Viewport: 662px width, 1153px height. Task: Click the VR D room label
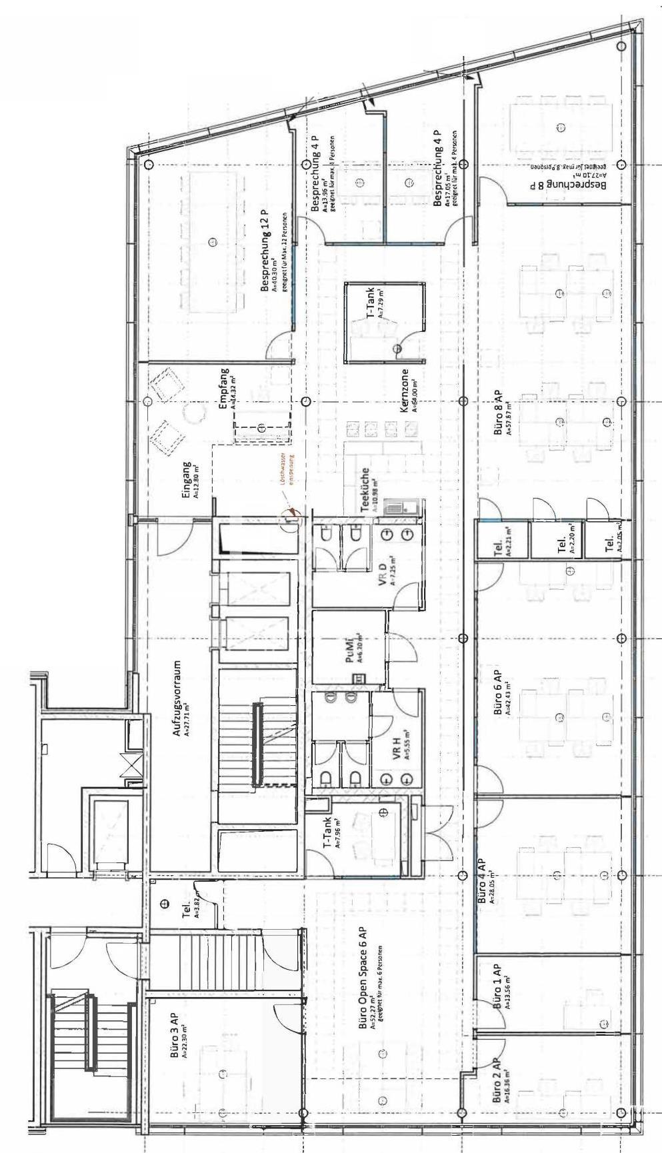[383, 574]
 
